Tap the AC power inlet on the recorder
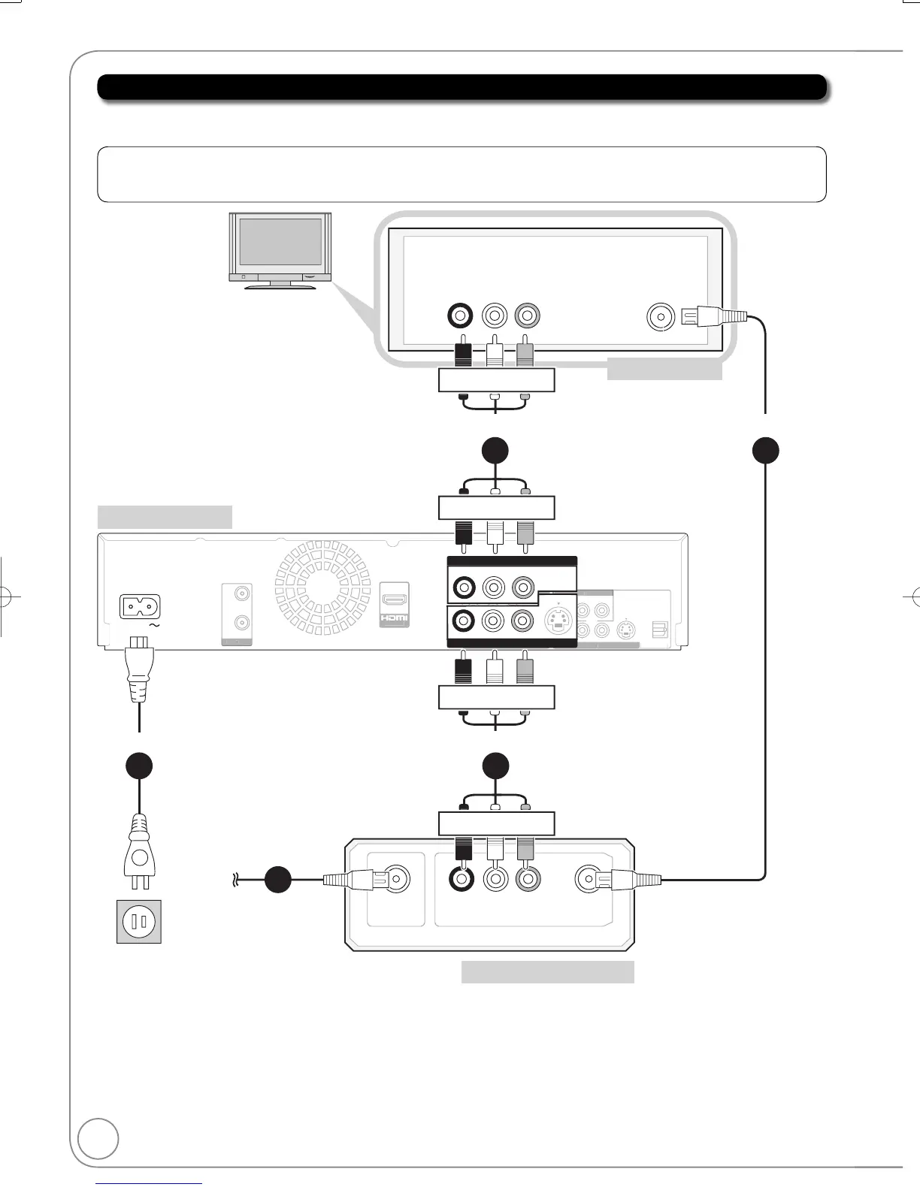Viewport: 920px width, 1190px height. click(x=141, y=607)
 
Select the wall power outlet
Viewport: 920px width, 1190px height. click(x=139, y=921)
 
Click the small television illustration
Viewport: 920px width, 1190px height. click(x=280, y=249)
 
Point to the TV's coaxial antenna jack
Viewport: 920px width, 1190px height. click(x=660, y=317)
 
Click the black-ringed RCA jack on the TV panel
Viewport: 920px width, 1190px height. click(x=459, y=316)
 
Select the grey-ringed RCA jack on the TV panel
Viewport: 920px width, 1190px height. click(x=526, y=316)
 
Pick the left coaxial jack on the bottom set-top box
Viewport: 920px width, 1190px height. click(x=393, y=878)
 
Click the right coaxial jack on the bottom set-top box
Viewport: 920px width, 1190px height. click(x=590, y=878)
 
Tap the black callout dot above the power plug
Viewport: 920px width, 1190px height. click(x=139, y=766)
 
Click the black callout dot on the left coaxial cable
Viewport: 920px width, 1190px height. click(x=278, y=880)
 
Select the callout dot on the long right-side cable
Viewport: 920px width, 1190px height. click(x=766, y=450)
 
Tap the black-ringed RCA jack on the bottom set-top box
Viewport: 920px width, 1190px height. click(x=459, y=878)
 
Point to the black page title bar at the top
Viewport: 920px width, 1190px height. click(x=462, y=87)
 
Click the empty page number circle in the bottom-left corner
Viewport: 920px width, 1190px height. click(x=98, y=1138)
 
